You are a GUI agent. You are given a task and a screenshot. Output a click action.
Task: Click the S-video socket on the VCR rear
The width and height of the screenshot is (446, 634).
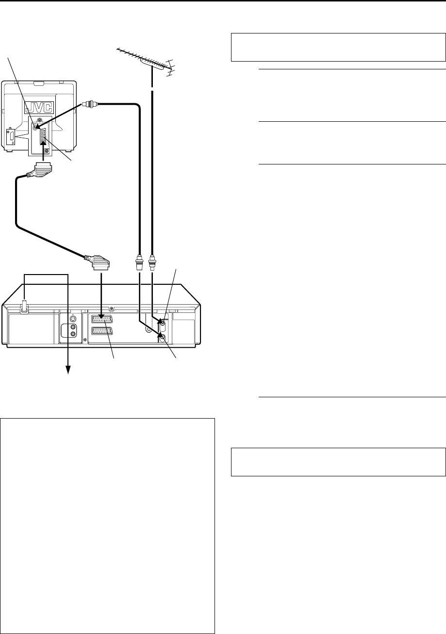point(73,319)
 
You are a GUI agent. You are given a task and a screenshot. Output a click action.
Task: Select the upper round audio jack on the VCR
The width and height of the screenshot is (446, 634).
point(73,327)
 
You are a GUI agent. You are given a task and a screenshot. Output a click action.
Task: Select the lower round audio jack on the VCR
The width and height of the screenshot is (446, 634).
point(73,334)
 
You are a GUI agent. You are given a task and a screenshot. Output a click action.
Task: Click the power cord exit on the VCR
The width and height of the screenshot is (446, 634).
point(23,308)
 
